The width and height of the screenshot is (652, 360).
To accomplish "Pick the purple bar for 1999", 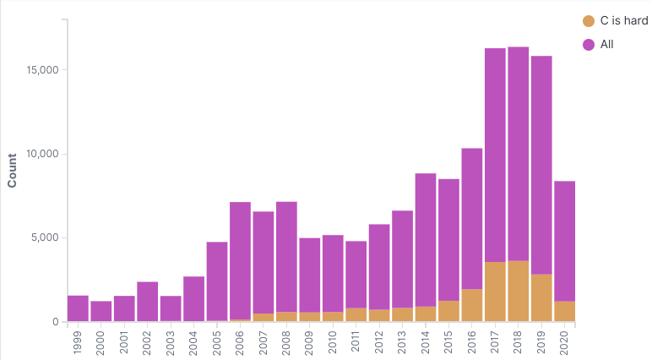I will (78, 308).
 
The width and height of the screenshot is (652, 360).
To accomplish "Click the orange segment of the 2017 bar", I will (495, 292).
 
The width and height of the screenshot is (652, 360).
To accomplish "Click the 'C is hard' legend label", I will (623, 20).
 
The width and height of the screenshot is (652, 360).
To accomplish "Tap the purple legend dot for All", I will (589, 44).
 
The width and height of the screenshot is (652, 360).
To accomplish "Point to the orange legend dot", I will (589, 20).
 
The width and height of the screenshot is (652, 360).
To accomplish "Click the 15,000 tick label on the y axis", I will (38, 70).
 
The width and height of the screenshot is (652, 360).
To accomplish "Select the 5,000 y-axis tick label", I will (41, 237).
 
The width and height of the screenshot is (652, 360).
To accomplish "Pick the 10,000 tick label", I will (38, 154).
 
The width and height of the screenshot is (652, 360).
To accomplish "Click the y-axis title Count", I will (12, 170).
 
